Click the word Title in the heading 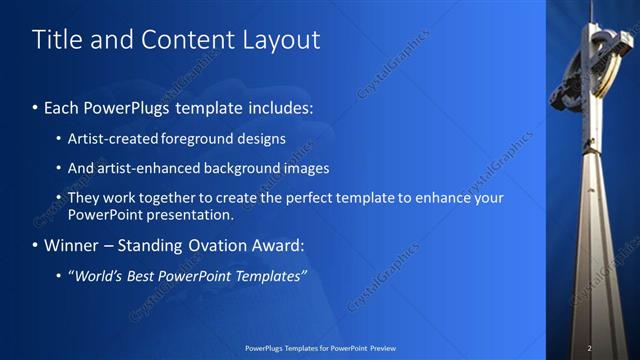(x=56, y=40)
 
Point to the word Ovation (x=193, y=245)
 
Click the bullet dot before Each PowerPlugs (x=36, y=107)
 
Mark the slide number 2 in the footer (x=589, y=348)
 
